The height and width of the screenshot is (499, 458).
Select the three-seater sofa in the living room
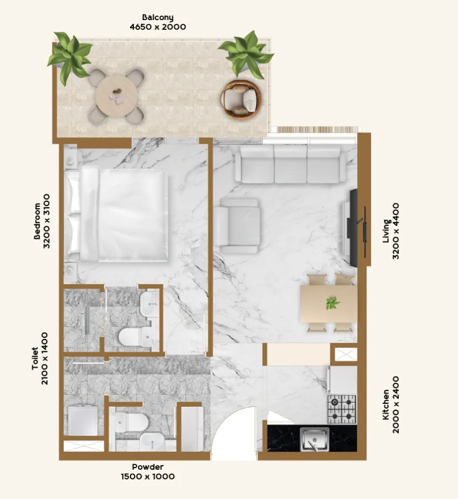[x=290, y=164]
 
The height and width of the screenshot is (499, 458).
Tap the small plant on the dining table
[x=332, y=303]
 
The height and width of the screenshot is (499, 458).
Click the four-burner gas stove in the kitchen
[x=342, y=408]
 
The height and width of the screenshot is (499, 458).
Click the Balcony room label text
[x=158, y=17]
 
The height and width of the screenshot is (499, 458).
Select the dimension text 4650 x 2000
[x=158, y=27]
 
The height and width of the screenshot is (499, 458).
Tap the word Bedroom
[x=37, y=221]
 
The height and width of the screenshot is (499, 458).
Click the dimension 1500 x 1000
[x=148, y=476]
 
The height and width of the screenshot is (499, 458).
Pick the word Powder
[x=148, y=467]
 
